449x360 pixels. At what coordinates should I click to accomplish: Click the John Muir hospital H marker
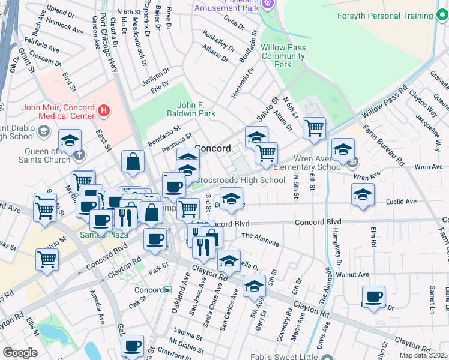(x=104, y=110)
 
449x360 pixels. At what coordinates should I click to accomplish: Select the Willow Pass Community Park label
(x=283, y=56)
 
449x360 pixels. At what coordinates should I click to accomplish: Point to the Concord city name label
(x=212, y=148)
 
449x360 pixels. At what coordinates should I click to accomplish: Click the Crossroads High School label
(x=240, y=180)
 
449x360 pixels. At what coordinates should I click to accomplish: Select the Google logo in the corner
(x=20, y=353)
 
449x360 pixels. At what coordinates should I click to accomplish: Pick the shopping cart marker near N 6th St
(x=314, y=127)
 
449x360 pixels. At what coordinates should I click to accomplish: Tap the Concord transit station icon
(x=168, y=290)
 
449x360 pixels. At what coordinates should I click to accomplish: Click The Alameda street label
(x=260, y=239)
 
